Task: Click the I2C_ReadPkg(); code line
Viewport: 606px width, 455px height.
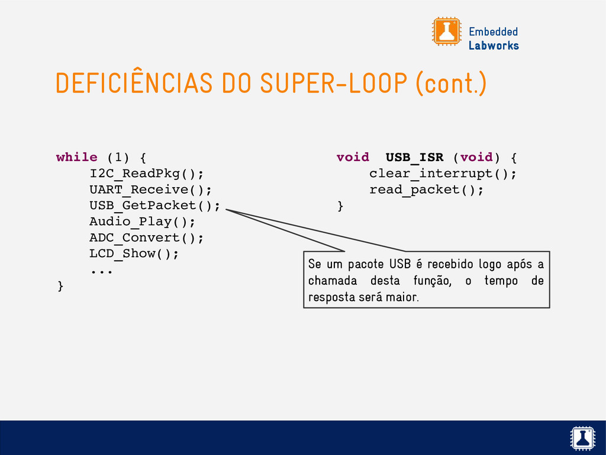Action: tap(146, 174)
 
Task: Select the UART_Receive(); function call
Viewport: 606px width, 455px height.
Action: tap(150, 190)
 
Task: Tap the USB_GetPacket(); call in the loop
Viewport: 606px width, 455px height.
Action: tap(154, 206)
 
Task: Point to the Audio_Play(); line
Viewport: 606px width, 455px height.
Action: tap(142, 222)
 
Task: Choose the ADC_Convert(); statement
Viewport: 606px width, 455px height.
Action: tap(146, 238)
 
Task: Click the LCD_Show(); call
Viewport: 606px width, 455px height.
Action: tap(134, 254)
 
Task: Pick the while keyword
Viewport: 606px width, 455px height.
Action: tap(77, 158)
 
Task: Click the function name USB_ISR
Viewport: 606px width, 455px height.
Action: tap(414, 158)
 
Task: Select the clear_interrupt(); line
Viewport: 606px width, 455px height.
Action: tap(443, 174)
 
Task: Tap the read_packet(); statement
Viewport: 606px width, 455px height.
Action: tap(426, 190)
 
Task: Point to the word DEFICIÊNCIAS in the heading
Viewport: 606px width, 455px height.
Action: tap(134, 84)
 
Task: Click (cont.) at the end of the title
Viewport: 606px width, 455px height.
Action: tap(451, 84)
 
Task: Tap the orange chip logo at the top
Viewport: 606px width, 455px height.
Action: tap(446, 31)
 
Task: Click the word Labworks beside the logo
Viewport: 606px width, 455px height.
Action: tap(494, 46)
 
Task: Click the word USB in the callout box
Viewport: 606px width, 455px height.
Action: tap(399, 264)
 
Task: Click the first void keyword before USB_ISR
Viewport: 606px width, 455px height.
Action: tap(352, 158)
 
